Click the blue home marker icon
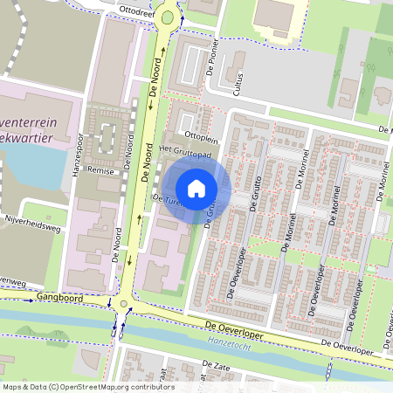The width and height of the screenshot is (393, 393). point(196,188)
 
